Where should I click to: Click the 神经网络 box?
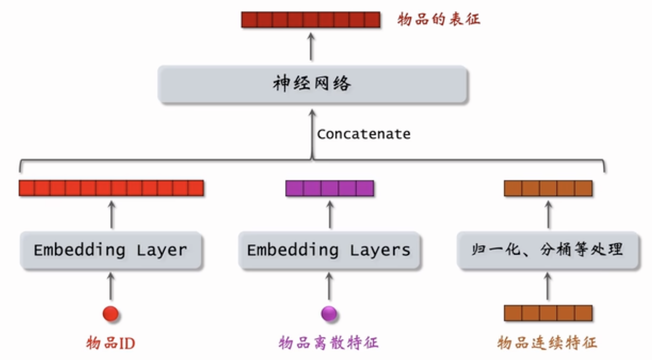tap(312, 84)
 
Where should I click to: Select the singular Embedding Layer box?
tap(111, 250)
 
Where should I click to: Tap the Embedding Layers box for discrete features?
tap(329, 250)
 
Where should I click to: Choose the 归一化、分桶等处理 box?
tap(548, 250)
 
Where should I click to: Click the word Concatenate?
tap(363, 134)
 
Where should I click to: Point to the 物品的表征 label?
tap(439, 20)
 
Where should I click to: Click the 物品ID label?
tap(111, 343)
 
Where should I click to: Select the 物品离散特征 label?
tap(329, 342)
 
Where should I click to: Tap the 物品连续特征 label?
tap(547, 342)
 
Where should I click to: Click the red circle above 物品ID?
tap(111, 313)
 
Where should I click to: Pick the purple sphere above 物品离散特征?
tap(329, 313)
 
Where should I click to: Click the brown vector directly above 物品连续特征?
tap(548, 313)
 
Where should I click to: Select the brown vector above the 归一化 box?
tap(548, 188)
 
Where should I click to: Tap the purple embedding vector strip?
tap(330, 188)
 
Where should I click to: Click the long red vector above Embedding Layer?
tap(111, 188)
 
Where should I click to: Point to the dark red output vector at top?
tap(311, 20)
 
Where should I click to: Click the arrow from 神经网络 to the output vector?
tap(311, 48)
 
